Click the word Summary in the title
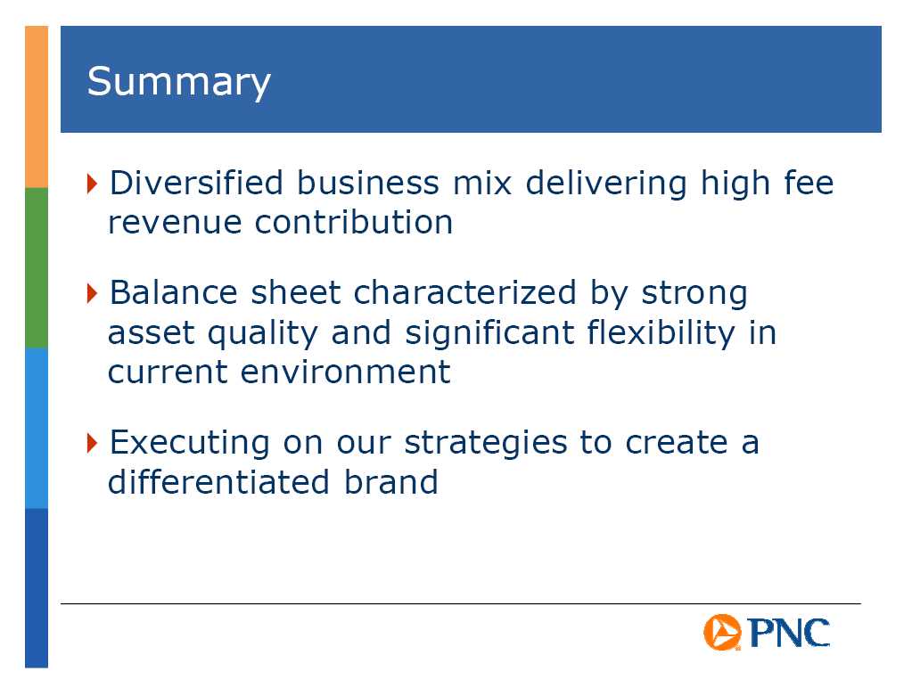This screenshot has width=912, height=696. [x=178, y=82]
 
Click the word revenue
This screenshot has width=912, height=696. [x=175, y=223]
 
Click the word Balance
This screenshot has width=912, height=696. [x=173, y=292]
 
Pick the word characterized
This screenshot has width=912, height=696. [x=464, y=292]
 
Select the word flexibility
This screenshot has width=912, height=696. [x=661, y=334]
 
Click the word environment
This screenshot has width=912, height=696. [x=346, y=373]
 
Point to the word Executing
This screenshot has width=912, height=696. [x=190, y=444]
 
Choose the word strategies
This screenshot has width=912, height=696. [x=485, y=444]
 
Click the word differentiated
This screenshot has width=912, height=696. [x=218, y=482]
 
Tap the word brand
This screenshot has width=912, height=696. [x=390, y=482]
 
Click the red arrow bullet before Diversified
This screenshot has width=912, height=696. [x=92, y=184]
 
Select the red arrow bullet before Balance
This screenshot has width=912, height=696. [x=92, y=293]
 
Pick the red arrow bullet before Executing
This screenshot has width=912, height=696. [x=92, y=443]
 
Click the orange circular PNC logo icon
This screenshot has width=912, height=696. [x=722, y=632]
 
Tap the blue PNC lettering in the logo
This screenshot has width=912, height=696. [x=789, y=633]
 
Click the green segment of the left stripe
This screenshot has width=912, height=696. [x=37, y=267]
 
